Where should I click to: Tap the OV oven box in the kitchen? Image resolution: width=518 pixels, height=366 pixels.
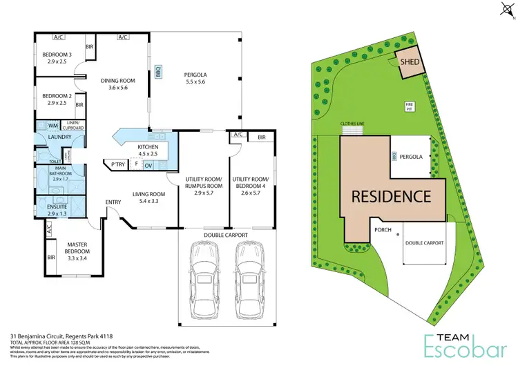click(148, 165)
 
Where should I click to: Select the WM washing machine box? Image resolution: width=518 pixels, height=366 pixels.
click(52, 126)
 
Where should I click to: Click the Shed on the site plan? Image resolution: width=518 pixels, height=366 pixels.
click(408, 62)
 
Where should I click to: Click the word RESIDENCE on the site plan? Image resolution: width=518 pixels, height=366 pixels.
click(392, 197)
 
